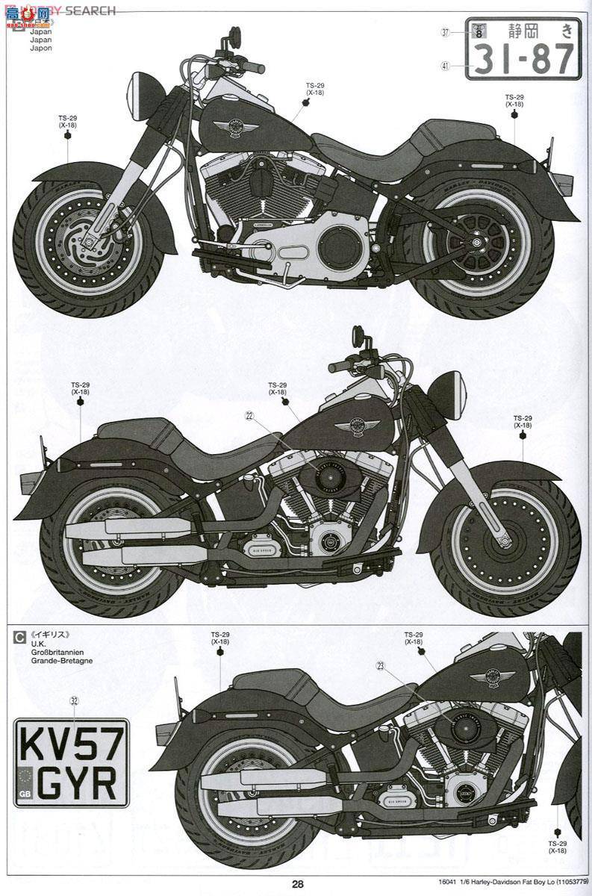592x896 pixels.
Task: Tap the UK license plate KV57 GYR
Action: click(x=71, y=762)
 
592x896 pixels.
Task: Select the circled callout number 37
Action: click(x=445, y=32)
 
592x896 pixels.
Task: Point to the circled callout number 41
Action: click(x=445, y=66)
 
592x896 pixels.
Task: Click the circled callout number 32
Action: click(x=73, y=700)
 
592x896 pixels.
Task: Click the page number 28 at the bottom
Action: click(x=298, y=884)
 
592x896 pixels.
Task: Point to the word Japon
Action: click(x=41, y=48)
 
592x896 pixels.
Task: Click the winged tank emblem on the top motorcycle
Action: click(x=236, y=128)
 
